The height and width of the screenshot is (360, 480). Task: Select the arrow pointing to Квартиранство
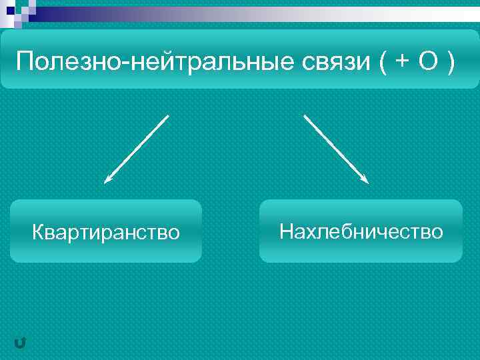[x=137, y=148]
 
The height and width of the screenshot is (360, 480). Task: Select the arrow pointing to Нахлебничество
[x=336, y=149]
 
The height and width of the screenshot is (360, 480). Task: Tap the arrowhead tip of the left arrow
[x=105, y=182]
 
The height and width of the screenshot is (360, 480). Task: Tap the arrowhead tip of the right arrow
[x=368, y=183]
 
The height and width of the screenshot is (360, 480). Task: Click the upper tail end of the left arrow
[x=168, y=115]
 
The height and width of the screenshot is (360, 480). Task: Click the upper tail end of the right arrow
[x=305, y=115]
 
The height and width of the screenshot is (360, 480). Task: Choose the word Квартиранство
[x=106, y=232]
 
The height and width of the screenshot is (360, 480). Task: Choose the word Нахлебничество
[x=361, y=231]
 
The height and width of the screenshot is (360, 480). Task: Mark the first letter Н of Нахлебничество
[x=285, y=231]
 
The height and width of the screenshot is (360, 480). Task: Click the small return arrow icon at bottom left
[x=20, y=343]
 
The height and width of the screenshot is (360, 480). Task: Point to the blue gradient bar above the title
[x=253, y=14]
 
